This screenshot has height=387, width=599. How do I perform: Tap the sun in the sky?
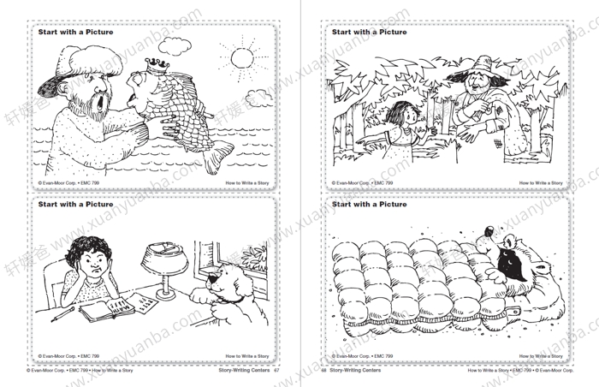click(x=242, y=57)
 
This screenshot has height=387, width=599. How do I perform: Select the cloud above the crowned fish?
click(x=175, y=45)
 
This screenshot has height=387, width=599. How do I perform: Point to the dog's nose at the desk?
click(x=202, y=289)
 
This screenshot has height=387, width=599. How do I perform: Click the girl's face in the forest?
click(x=403, y=115)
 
